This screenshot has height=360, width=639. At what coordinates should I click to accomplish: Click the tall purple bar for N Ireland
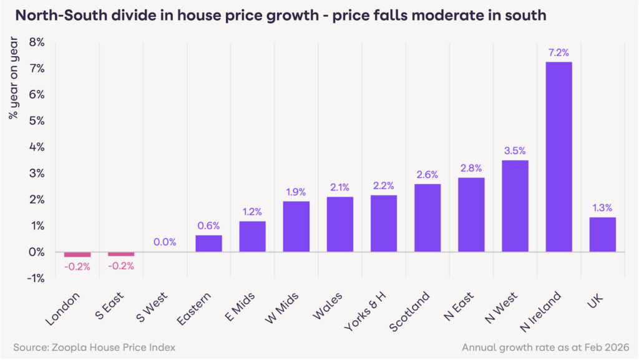click(x=559, y=157)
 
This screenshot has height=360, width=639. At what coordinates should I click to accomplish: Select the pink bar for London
click(x=77, y=255)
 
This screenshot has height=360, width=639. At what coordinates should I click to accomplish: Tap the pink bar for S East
click(x=121, y=254)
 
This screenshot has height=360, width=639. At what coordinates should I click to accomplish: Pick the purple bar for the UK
click(x=602, y=235)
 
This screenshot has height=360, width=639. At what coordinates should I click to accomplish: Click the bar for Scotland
click(x=427, y=218)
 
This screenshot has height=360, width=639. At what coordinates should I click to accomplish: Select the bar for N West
click(x=515, y=206)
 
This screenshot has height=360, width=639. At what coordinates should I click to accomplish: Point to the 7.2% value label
click(x=559, y=52)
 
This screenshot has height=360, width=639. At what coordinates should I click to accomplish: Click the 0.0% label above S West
click(x=165, y=242)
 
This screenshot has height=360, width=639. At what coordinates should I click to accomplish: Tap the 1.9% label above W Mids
click(x=296, y=192)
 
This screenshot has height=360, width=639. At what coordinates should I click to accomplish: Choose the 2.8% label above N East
click(x=471, y=168)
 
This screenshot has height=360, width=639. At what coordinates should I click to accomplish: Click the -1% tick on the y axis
click(x=36, y=278)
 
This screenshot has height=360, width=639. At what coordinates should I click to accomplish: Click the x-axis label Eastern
click(x=197, y=309)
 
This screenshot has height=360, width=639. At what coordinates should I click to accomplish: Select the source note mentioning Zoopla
click(x=94, y=346)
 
